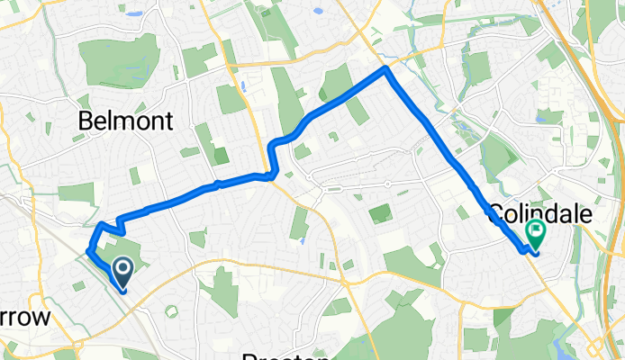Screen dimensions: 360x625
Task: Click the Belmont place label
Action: coord(125,121)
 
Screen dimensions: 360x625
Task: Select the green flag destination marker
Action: coord(536,235)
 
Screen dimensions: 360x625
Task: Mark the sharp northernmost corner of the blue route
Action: coord(386,67)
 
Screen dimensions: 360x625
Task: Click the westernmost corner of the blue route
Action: coord(88,250)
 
